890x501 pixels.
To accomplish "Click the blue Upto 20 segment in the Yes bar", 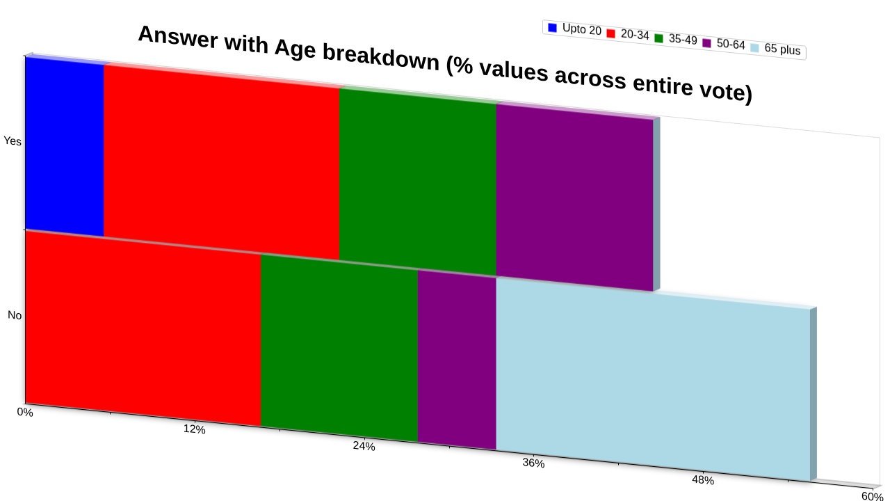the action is (65, 146).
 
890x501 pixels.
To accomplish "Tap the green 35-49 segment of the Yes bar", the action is (418, 182).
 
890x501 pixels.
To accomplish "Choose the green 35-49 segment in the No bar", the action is (339, 349).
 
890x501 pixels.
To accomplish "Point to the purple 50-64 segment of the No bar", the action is (457, 360).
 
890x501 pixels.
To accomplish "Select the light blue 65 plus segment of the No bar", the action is (653, 380).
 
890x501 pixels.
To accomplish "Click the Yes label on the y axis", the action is (13, 141).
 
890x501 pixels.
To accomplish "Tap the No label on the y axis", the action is (15, 315).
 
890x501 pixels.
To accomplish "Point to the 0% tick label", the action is (25, 412).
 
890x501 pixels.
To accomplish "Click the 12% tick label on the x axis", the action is (194, 429).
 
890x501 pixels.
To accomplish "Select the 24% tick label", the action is (364, 446).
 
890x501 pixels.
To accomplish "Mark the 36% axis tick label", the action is (533, 463).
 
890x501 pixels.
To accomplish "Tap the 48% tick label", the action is (703, 480).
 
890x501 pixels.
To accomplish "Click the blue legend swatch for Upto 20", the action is (552, 27).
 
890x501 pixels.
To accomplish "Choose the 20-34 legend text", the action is (635, 35).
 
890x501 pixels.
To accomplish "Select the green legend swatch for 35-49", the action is (658, 38).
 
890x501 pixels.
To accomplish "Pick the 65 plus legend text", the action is (782, 49).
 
